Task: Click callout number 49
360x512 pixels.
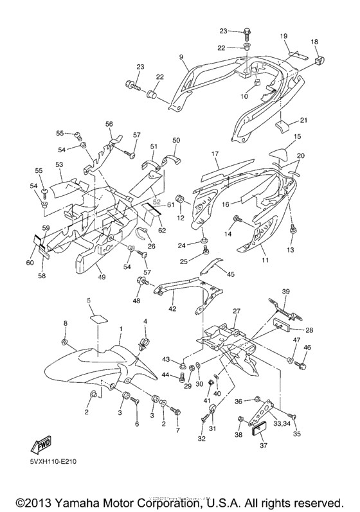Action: (x=102, y=277)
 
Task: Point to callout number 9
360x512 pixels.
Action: (x=182, y=57)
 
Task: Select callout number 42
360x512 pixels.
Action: (x=172, y=309)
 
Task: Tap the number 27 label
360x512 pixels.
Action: (x=236, y=311)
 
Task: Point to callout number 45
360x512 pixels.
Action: (x=230, y=274)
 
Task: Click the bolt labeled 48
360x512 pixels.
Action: (x=139, y=281)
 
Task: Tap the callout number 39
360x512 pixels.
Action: (x=285, y=292)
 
